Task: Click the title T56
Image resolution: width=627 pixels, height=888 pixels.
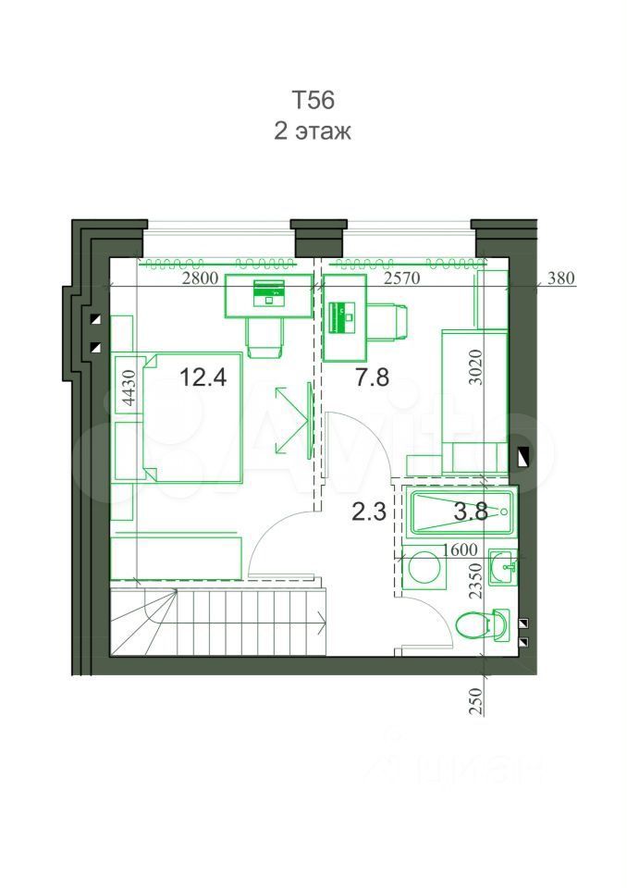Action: tap(313, 100)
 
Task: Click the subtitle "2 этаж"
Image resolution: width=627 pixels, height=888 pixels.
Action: tap(313, 130)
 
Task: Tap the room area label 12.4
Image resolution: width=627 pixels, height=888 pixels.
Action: tap(203, 376)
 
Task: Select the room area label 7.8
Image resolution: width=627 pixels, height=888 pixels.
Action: tap(372, 376)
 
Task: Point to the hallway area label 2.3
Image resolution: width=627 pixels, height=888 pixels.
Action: tap(369, 512)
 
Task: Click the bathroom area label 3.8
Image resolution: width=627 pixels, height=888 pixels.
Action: tap(471, 512)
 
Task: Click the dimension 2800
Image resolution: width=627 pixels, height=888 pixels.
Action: tap(200, 278)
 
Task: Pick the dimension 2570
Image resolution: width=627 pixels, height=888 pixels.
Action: tap(401, 278)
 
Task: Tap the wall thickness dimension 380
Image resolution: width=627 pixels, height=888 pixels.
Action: tap(561, 278)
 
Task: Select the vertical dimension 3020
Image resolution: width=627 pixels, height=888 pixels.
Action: tap(477, 367)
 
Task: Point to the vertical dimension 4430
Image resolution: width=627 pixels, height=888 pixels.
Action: tap(129, 388)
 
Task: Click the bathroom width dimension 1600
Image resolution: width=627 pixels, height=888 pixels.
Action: tap(460, 549)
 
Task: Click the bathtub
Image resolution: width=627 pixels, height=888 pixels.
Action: tap(461, 514)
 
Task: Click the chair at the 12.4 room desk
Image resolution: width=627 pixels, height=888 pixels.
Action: tap(264, 337)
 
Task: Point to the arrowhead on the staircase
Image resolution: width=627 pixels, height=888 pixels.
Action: tap(323, 624)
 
